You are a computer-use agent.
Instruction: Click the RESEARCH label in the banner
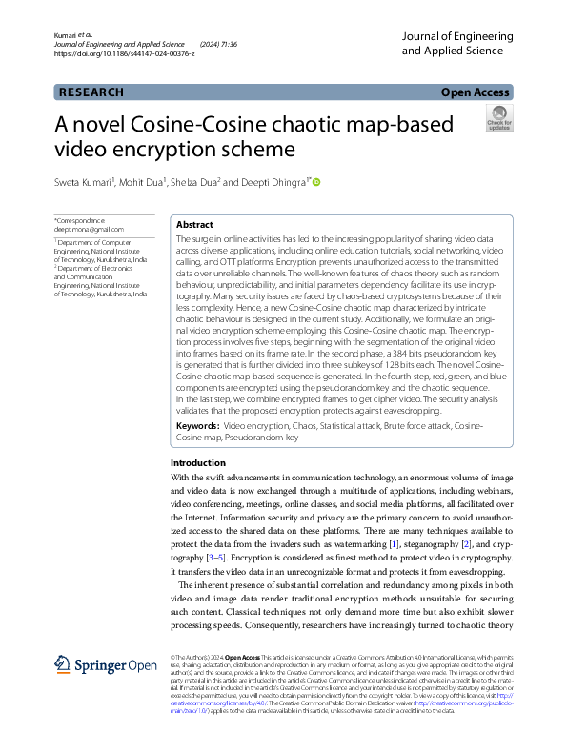(91, 92)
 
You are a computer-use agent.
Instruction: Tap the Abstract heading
(193, 225)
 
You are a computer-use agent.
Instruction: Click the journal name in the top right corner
(457, 43)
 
